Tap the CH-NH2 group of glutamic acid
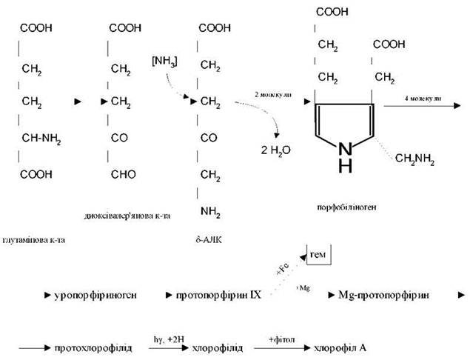tap(41, 137)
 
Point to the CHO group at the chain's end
tap(122, 175)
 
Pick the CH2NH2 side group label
tap(414, 158)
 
